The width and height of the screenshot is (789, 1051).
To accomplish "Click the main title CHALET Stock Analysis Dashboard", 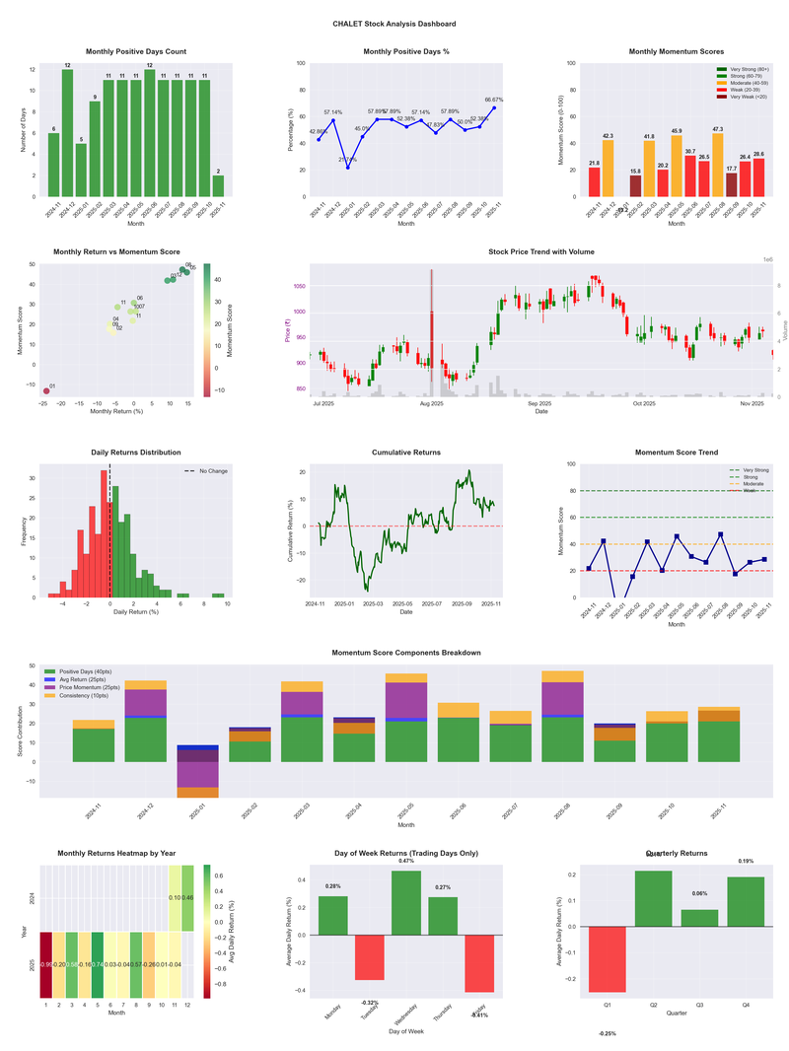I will [x=394, y=24].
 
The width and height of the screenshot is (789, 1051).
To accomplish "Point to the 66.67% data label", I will [x=494, y=100].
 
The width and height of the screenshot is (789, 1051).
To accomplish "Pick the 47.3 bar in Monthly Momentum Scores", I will [x=717, y=164].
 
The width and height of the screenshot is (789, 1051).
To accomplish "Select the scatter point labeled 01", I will [x=45, y=391].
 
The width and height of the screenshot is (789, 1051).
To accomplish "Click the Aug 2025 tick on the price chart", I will [x=431, y=404].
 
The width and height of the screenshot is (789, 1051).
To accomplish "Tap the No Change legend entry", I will [x=213, y=471].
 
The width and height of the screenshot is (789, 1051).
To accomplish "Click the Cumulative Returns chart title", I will [x=406, y=453].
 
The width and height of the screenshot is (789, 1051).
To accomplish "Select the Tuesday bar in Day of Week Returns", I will [x=370, y=957].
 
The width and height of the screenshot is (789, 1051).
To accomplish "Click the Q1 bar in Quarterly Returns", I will [x=607, y=958].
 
